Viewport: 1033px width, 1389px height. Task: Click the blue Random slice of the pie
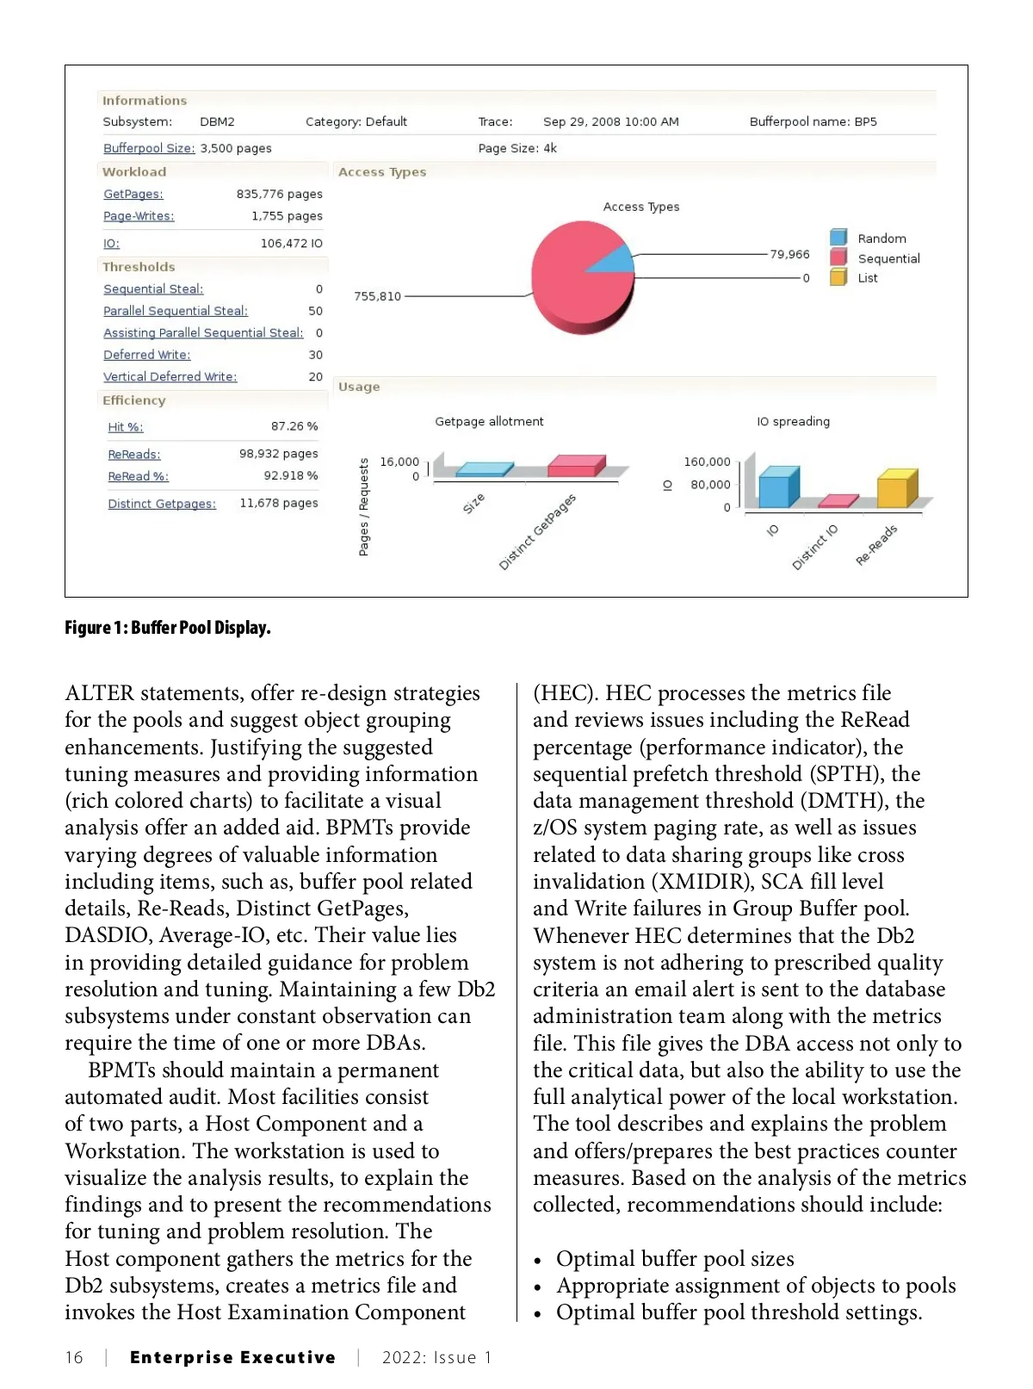[x=613, y=260]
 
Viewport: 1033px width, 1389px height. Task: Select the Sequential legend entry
[x=888, y=258]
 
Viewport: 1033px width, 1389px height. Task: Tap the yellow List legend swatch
[x=838, y=277]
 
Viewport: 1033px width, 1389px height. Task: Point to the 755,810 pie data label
[x=377, y=296]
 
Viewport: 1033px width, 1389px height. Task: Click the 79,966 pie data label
[x=789, y=254]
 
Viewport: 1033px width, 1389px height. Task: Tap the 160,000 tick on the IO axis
[x=707, y=462]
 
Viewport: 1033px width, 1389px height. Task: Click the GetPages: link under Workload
[x=133, y=195]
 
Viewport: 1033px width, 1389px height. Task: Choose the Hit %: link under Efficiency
[x=126, y=427]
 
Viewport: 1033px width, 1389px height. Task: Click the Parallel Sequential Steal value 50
[x=316, y=311]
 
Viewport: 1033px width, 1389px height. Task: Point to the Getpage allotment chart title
[x=489, y=421]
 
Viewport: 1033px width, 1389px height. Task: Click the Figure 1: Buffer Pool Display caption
[x=168, y=628]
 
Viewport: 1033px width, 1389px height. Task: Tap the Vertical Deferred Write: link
[x=170, y=377]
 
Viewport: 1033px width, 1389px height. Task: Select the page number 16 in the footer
[x=74, y=1358]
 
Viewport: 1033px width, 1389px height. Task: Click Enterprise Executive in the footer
[x=232, y=1358]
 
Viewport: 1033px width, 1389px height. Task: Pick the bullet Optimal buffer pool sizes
[x=675, y=1259]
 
